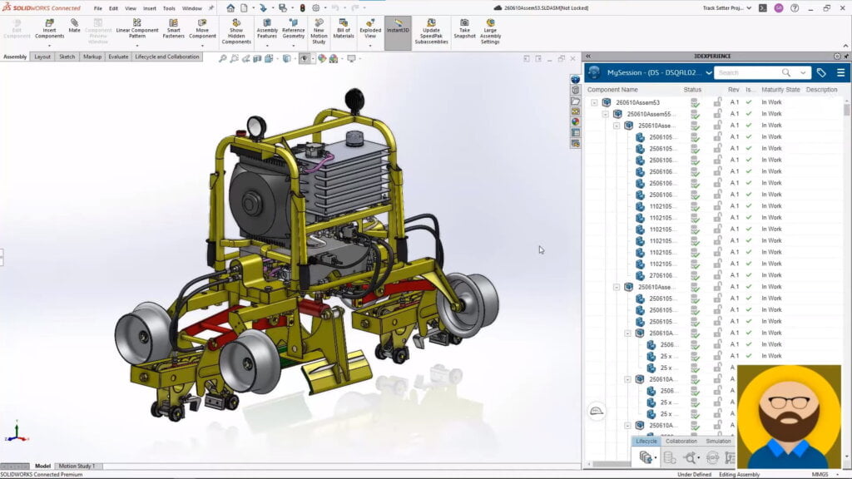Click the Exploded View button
click(370, 29)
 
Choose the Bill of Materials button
click(344, 29)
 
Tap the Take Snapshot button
click(464, 29)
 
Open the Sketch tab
click(67, 57)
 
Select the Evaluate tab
click(118, 57)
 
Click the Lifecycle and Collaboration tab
click(167, 57)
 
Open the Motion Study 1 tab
click(76, 466)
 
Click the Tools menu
click(169, 8)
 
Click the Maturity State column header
click(780, 90)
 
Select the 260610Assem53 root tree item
click(637, 102)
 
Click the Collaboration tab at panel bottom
click(681, 442)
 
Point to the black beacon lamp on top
click(354, 98)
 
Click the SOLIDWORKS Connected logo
click(42, 8)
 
